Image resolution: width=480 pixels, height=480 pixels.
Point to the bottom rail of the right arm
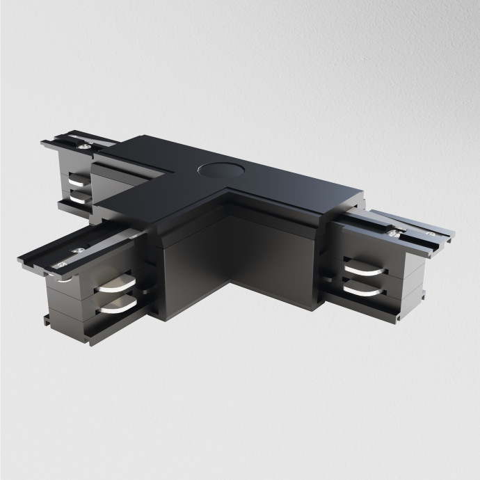390,306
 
